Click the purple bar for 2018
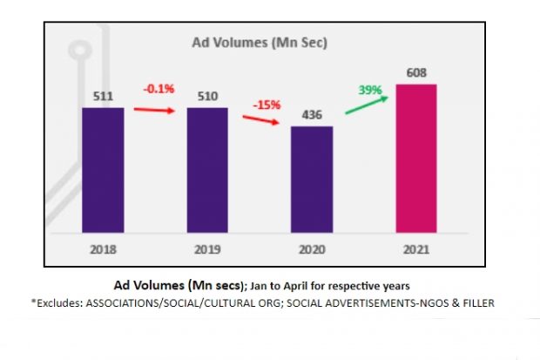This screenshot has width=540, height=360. click(x=103, y=171)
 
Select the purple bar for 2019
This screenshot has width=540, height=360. click(x=207, y=171)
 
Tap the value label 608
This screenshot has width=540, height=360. click(x=415, y=73)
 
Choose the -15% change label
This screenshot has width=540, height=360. click(x=267, y=105)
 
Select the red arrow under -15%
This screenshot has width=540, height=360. click(x=261, y=121)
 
